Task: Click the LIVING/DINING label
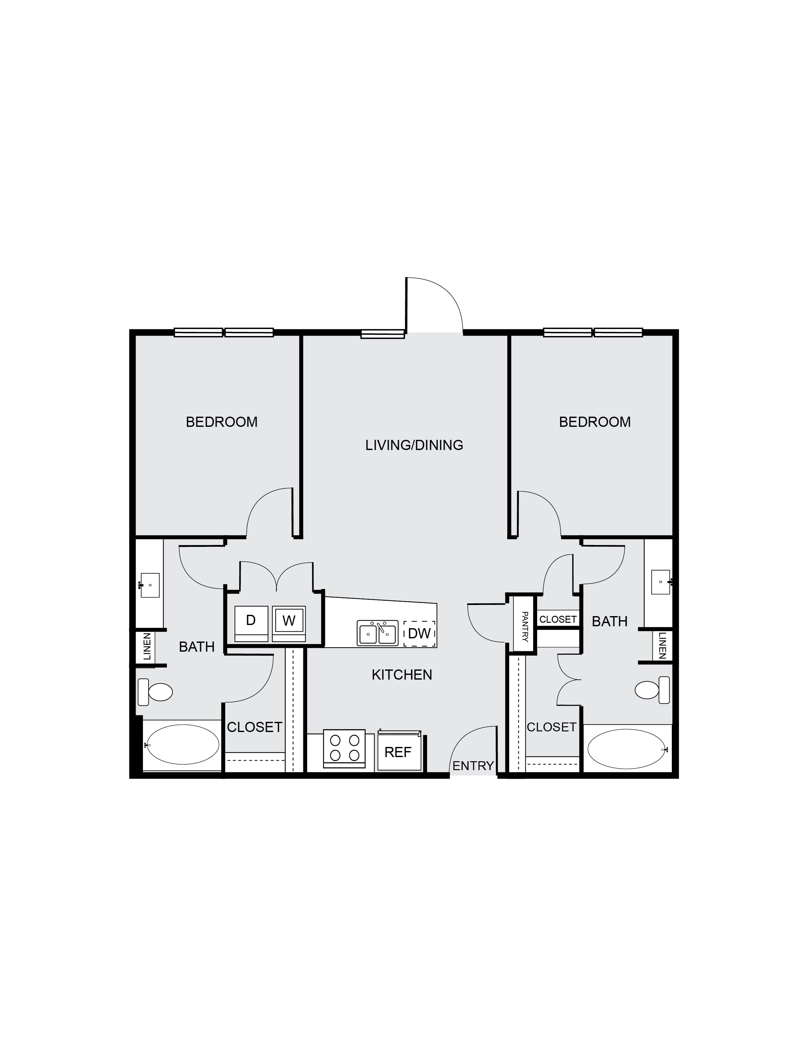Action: point(414,445)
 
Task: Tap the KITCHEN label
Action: point(402,675)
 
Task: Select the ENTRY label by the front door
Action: point(473,766)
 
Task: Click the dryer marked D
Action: point(251,623)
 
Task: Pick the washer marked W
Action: point(289,623)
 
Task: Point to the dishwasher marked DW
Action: point(419,634)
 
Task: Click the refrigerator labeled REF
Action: point(398,751)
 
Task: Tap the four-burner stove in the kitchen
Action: point(345,749)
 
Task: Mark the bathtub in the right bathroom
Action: point(627,749)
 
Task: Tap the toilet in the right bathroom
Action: point(652,690)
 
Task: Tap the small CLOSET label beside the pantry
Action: point(557,620)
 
